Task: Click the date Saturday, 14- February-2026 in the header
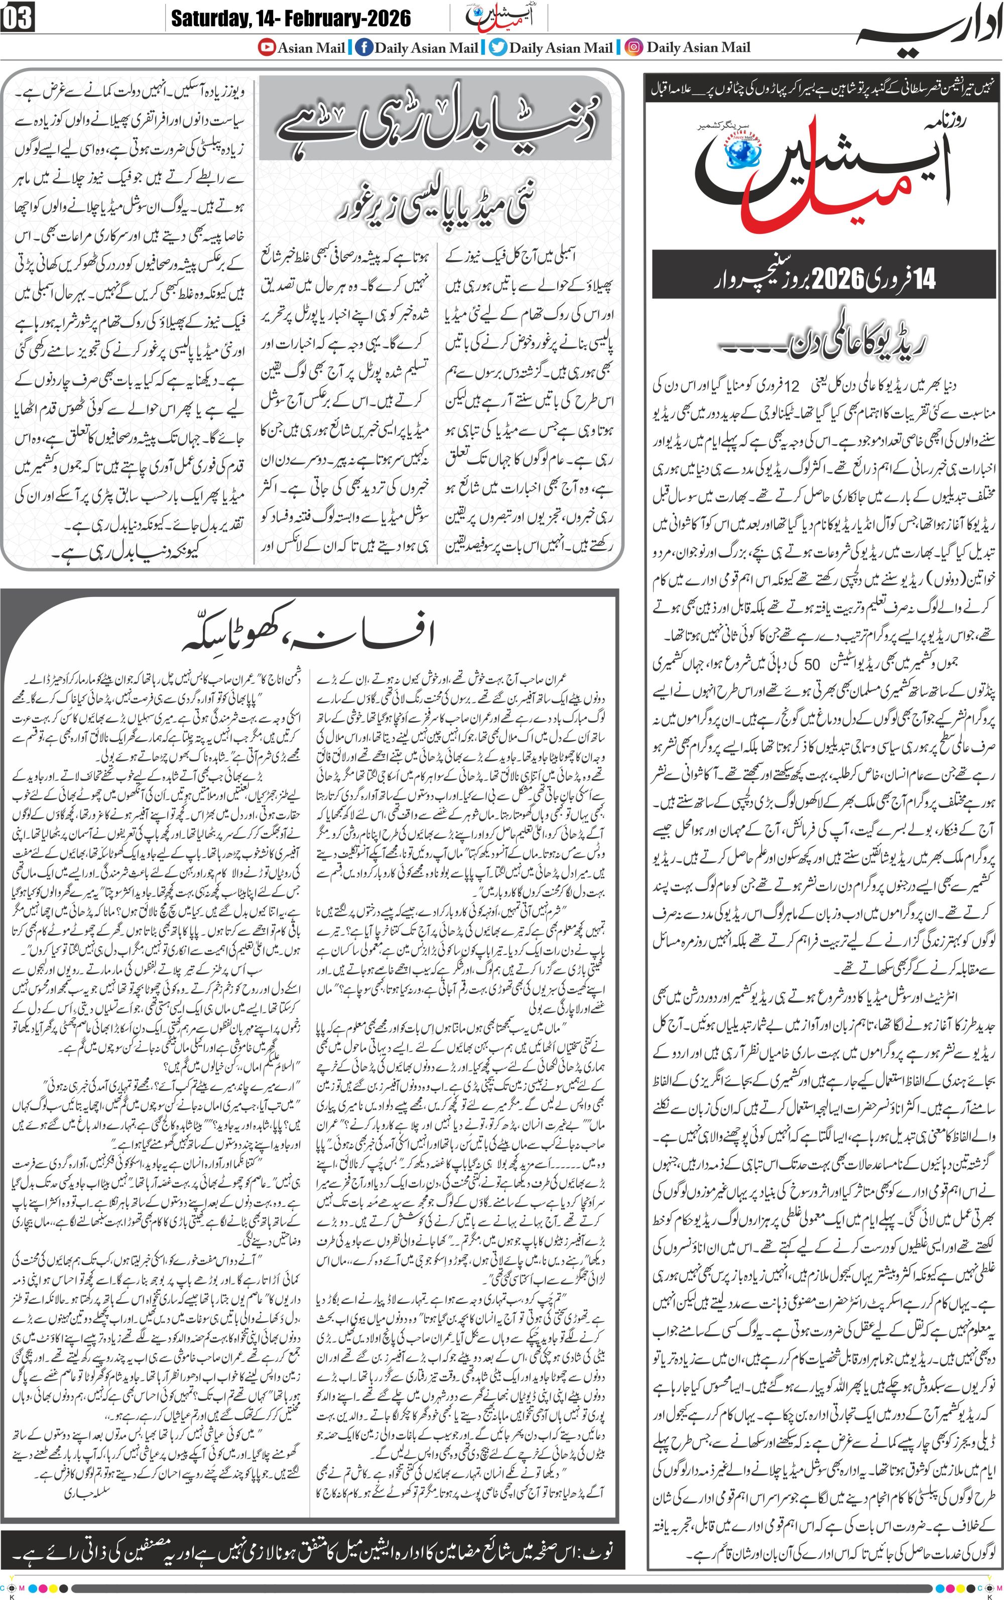pos(291,18)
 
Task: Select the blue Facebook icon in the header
pos(363,48)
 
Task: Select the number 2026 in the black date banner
pos(837,278)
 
